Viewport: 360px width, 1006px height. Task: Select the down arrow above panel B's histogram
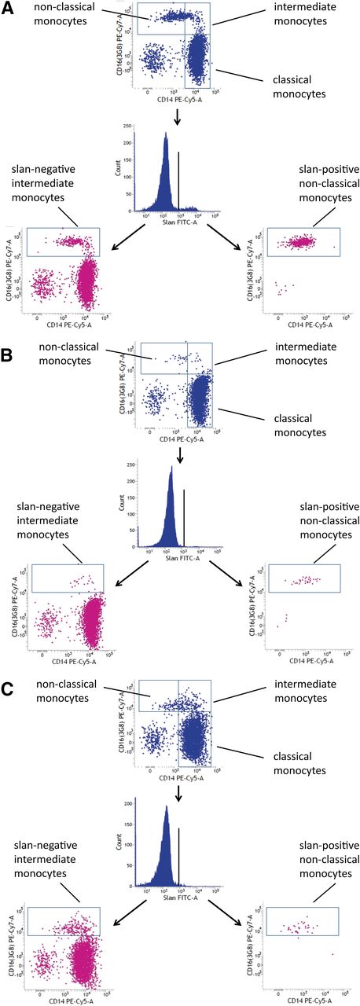point(180,452)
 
